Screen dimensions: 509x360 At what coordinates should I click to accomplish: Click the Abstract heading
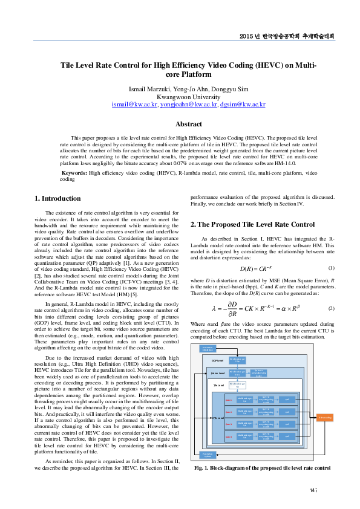point(188,124)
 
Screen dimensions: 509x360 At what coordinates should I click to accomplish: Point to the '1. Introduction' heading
point(57,198)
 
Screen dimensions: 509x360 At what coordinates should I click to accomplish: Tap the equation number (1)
point(331,268)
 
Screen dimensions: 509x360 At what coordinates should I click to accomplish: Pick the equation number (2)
point(331,308)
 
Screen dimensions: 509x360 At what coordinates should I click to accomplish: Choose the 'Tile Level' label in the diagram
point(219,384)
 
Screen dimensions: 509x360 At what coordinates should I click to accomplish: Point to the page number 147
point(313,490)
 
